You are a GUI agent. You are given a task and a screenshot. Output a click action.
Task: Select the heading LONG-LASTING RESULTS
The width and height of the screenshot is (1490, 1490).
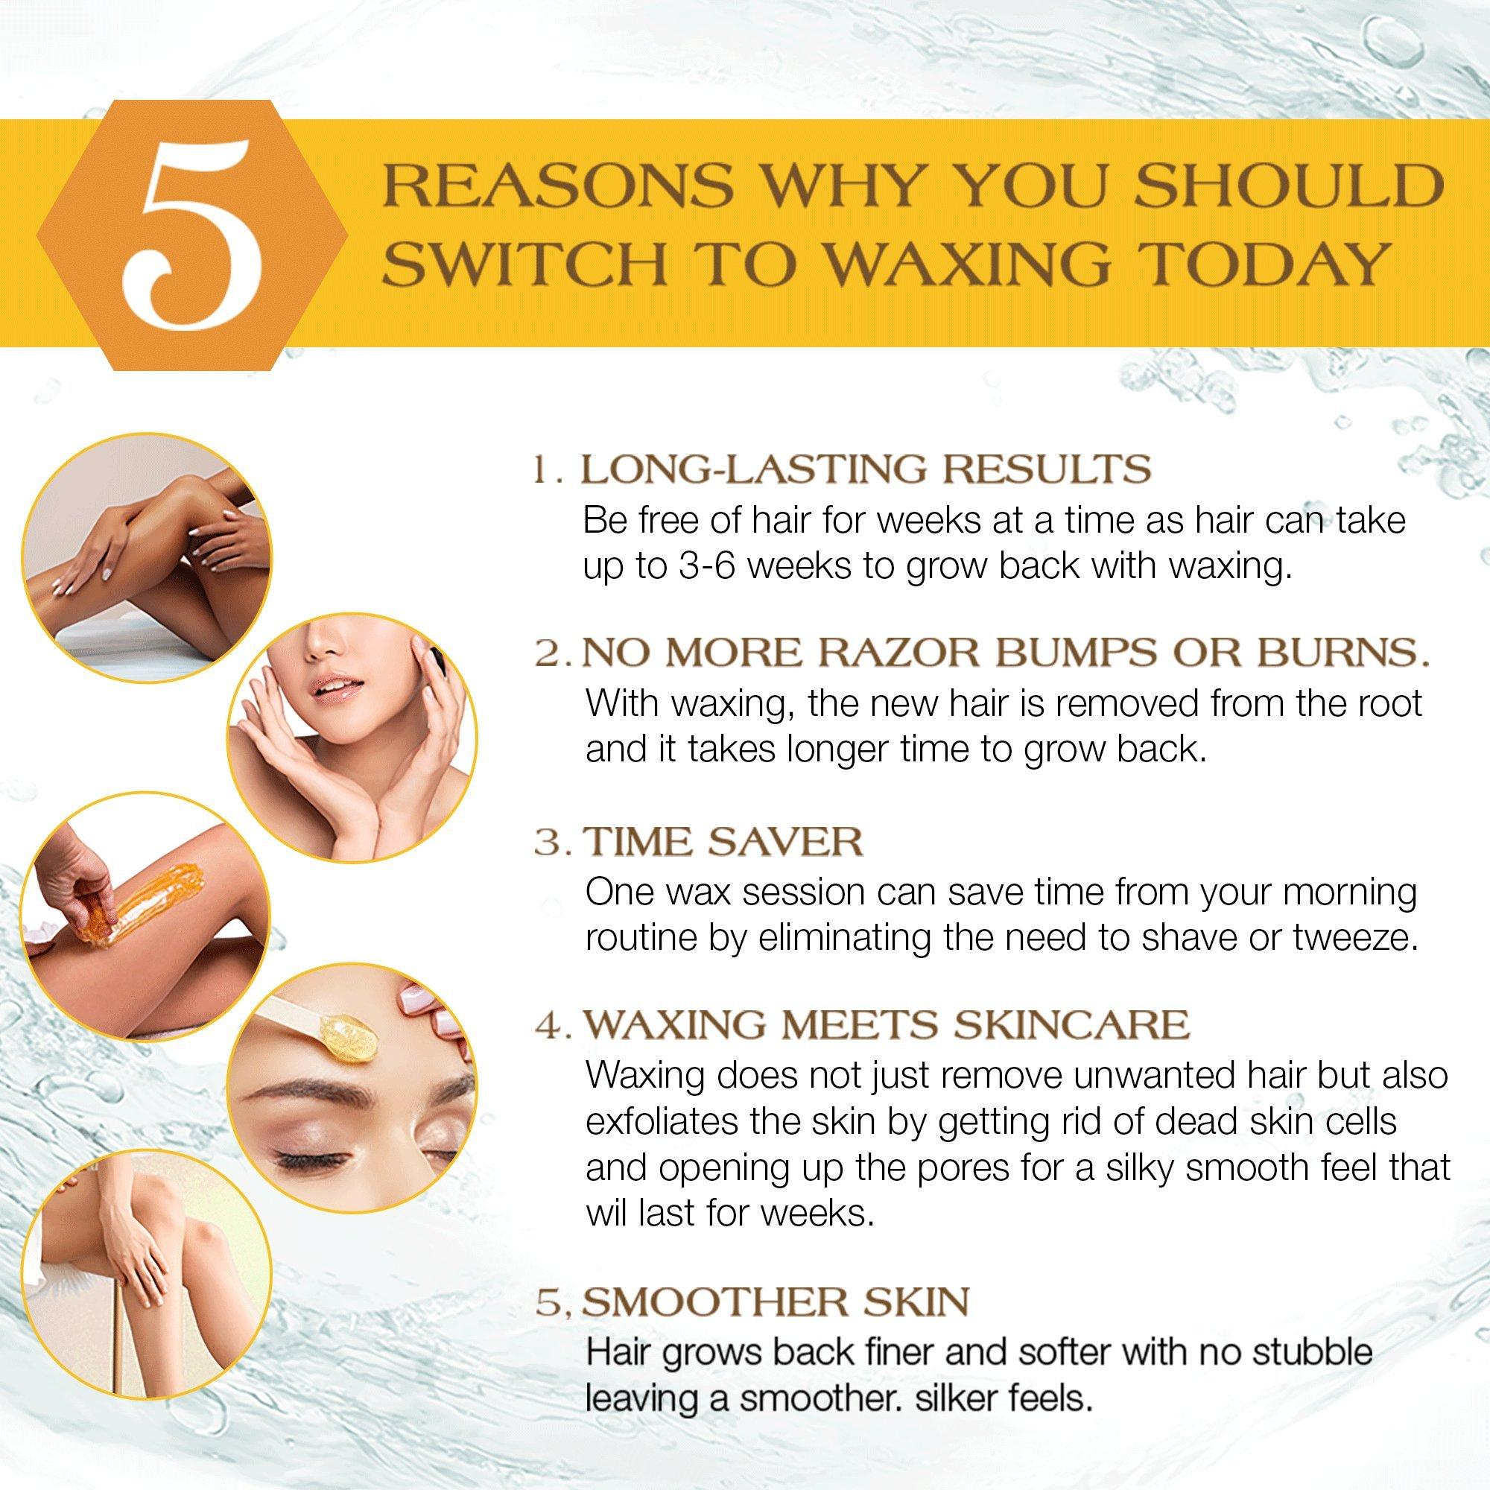pyautogui.click(x=865, y=469)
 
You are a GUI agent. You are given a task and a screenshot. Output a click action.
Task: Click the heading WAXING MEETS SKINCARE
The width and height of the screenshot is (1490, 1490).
pyautogui.click(x=886, y=1024)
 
